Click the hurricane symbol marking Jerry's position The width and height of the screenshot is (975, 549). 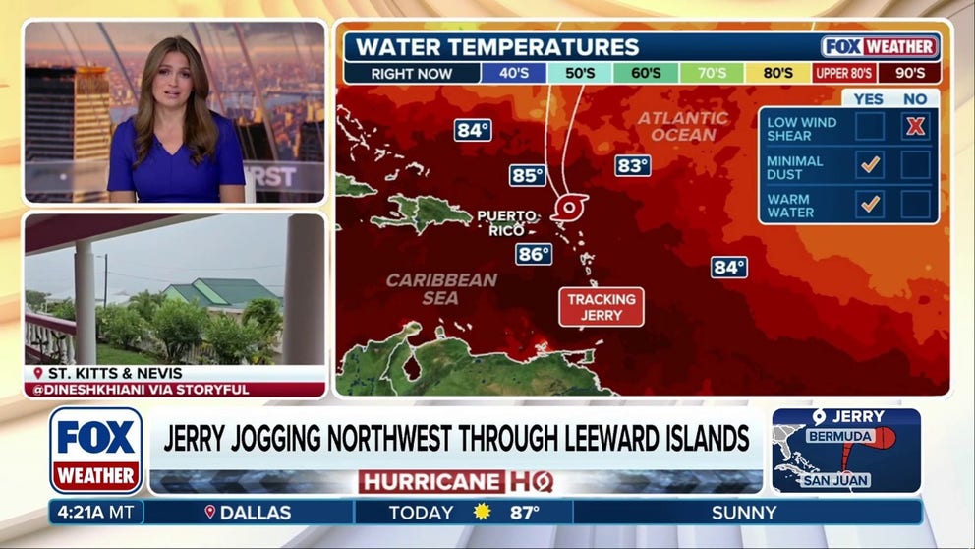coord(568,208)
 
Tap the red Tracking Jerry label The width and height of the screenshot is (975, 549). coord(602,307)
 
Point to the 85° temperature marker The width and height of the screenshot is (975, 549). coord(527,175)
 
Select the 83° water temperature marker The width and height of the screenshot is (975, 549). coord(632,165)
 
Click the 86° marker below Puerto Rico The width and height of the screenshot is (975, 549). coord(533,254)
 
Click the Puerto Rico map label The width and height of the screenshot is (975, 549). coord(507,223)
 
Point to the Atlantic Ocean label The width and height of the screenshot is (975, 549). coord(683,126)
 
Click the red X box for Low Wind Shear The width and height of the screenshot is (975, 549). coord(915,126)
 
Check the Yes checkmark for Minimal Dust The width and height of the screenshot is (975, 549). coord(870,165)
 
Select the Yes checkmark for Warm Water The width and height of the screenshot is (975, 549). coord(870,205)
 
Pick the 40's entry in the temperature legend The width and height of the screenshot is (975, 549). coord(513,73)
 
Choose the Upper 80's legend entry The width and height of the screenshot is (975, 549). coord(844,73)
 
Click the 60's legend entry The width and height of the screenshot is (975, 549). coord(646,73)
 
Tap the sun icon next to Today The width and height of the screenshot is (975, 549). coord(482,513)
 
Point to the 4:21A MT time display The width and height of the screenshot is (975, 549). coord(95,513)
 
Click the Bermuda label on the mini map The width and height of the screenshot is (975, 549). coord(839,436)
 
